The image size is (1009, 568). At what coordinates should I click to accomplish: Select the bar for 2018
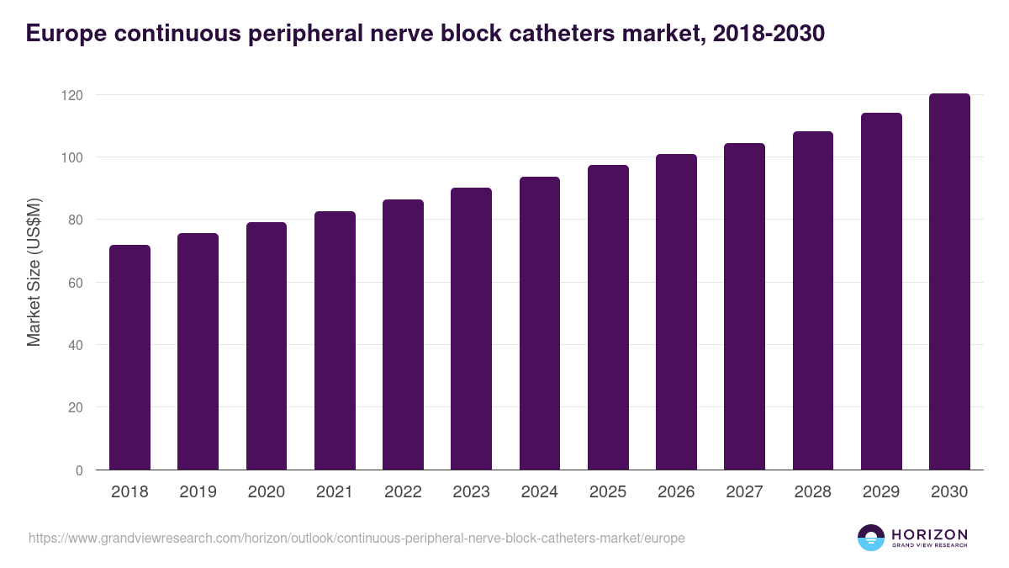coord(129,358)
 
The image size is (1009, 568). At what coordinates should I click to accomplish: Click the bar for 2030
coord(949,282)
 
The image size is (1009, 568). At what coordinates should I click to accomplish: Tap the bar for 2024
coord(540,323)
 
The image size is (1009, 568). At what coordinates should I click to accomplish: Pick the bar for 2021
coord(335,341)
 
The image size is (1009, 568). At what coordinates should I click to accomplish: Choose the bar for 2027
coord(744,306)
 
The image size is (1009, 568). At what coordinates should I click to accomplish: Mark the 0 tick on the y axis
coord(79,470)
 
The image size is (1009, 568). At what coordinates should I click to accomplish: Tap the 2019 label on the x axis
coord(198,492)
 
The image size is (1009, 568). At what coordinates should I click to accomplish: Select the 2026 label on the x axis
coord(676,492)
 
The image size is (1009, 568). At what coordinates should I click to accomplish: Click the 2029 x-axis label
coord(881,492)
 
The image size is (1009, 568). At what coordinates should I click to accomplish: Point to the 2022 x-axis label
coord(403,492)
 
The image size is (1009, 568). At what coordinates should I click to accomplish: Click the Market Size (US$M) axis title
coord(34,273)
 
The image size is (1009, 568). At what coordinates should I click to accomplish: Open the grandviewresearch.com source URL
coord(357,538)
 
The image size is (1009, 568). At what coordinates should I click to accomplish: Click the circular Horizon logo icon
coord(870,538)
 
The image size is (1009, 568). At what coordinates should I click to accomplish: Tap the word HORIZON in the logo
coord(929,534)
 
